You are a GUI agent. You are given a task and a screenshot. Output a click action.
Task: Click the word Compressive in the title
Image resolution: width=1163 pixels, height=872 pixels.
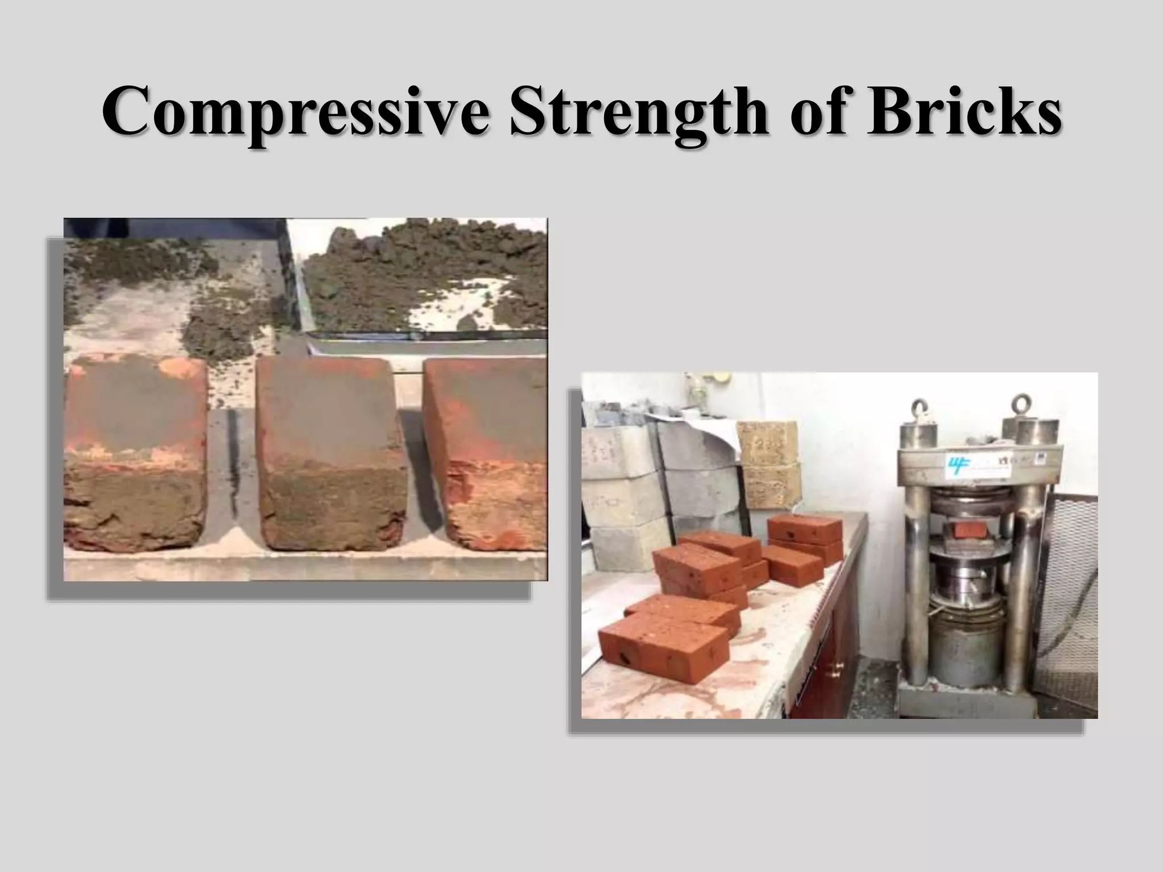(x=295, y=110)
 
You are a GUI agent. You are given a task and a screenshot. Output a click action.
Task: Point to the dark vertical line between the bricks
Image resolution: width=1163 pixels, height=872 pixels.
(x=233, y=454)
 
